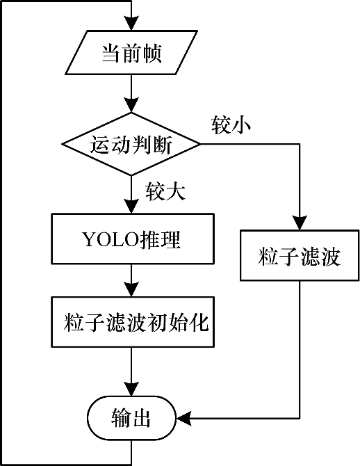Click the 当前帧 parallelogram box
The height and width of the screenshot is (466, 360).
click(x=131, y=52)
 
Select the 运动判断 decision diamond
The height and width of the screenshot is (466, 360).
click(x=131, y=144)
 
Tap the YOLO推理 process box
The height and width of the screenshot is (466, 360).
click(x=133, y=239)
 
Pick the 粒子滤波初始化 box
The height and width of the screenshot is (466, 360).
click(x=133, y=322)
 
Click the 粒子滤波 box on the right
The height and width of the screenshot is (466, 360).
click(x=300, y=255)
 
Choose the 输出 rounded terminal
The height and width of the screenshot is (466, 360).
click(x=131, y=418)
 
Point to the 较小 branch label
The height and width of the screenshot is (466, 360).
click(x=231, y=124)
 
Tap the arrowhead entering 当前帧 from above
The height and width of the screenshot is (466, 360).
click(x=131, y=22)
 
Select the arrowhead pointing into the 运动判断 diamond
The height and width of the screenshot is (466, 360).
click(x=131, y=104)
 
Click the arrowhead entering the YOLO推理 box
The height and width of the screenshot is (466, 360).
click(x=131, y=206)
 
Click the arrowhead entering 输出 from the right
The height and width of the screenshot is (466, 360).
click(x=184, y=418)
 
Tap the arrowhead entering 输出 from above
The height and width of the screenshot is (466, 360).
click(x=131, y=388)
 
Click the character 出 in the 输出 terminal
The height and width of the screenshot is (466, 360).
click(x=141, y=418)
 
